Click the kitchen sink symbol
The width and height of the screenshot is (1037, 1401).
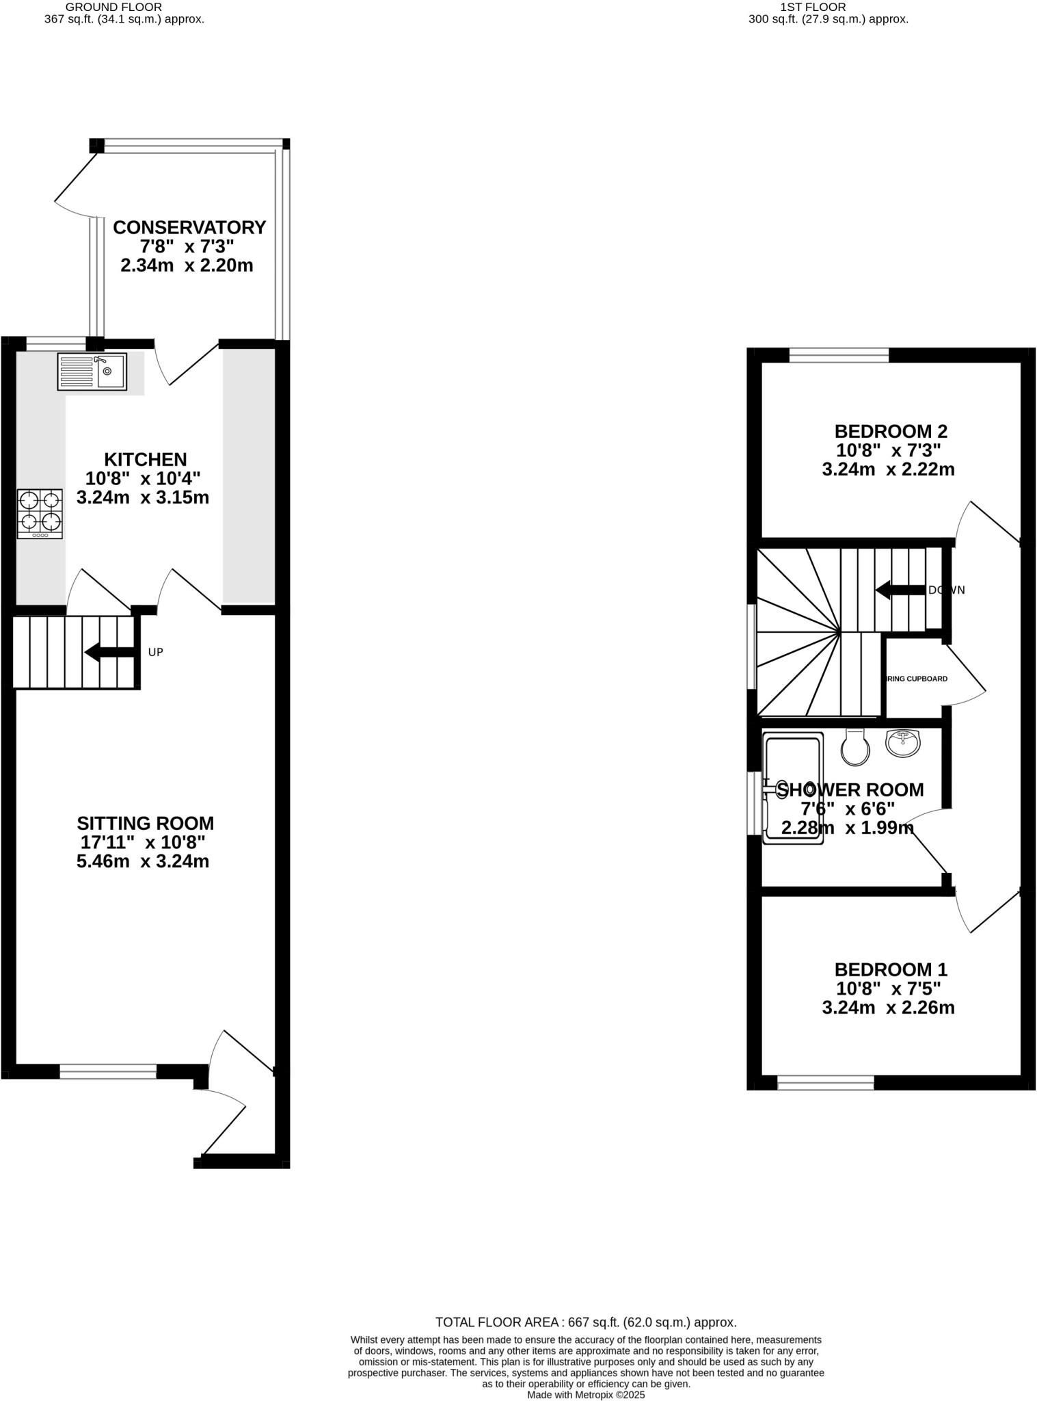pos(92,371)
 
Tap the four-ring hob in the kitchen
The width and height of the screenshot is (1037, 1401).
pos(40,514)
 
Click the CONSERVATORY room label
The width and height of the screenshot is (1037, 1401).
pos(189,227)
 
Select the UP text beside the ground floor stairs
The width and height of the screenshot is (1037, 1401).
pos(156,652)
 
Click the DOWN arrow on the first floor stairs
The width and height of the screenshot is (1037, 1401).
pos(900,590)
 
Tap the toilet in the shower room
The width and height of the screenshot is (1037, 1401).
pos(855,747)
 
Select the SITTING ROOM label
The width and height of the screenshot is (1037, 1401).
pos(145,823)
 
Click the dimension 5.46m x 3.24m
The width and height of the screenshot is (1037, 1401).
pos(143,861)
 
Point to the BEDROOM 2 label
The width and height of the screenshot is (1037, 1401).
pos(891,432)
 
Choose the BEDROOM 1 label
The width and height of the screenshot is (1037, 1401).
pos(891,969)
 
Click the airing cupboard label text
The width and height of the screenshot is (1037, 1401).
pos(917,679)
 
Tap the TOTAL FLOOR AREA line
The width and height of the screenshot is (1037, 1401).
pos(586,1322)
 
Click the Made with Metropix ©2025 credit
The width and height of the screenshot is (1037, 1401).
pos(586,1394)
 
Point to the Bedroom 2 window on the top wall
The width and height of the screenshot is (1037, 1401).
pos(839,355)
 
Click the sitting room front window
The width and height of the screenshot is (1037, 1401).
pos(108,1071)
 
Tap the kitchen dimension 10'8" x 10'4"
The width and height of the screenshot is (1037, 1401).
pos(143,478)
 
